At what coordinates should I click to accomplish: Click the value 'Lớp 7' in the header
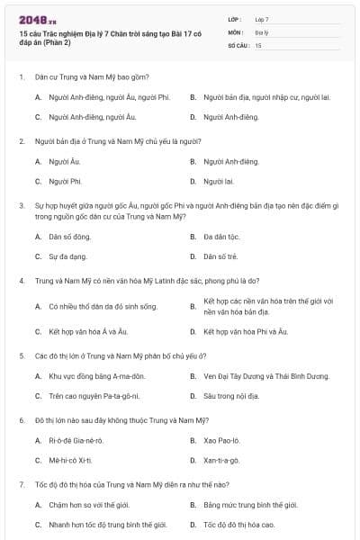pyautogui.click(x=262, y=19)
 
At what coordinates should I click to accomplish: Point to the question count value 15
pyautogui.click(x=258, y=44)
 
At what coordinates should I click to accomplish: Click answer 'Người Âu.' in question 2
pyautogui.click(x=64, y=161)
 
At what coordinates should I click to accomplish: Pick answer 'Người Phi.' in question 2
pyautogui.click(x=66, y=181)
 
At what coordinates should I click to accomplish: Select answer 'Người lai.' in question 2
pyautogui.click(x=219, y=181)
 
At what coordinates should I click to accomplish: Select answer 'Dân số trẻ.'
pyautogui.click(x=220, y=256)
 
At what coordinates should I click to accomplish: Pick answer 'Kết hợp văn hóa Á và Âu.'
pyautogui.click(x=89, y=332)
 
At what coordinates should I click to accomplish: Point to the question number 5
pyautogui.click(x=21, y=355)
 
